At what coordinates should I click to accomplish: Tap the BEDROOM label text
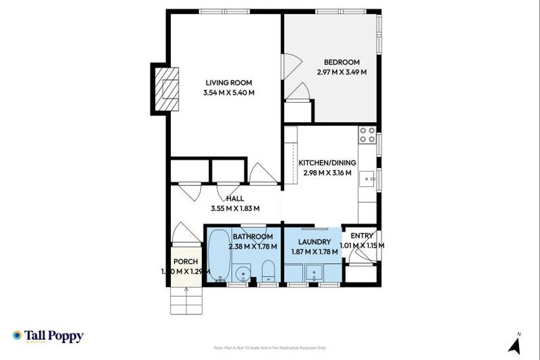[x=342, y=61]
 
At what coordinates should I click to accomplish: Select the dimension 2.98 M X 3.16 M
[x=329, y=173]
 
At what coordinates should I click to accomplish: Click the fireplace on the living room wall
[x=166, y=89]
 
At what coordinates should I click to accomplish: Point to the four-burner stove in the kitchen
[x=367, y=134]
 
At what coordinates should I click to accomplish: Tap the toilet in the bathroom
[x=268, y=271]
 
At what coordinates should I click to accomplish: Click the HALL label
[x=235, y=198]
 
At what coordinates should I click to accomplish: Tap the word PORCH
[x=186, y=262]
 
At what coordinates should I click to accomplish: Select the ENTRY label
[x=362, y=236]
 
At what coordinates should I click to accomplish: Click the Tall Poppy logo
[x=48, y=336]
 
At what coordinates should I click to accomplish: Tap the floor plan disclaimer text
[x=270, y=347]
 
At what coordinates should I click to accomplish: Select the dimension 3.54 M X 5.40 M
[x=228, y=92]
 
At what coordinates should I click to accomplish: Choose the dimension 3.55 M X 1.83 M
[x=235, y=208]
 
